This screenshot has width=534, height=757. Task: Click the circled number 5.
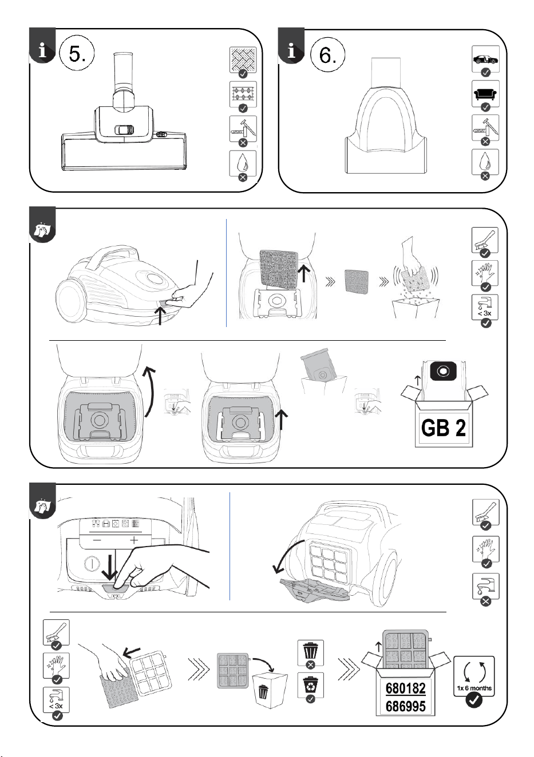coord(77,54)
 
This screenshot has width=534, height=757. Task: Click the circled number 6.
coord(327,54)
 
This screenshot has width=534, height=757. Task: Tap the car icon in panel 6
coord(485,60)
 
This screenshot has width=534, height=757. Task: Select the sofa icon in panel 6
coord(485,94)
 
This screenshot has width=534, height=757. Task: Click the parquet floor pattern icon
coord(243,59)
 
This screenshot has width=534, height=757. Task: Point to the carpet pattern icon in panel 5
coord(243,94)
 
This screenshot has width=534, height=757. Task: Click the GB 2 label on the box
coord(444,427)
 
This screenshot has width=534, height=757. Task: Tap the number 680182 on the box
coord(405,688)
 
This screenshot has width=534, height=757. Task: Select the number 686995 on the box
coord(405,706)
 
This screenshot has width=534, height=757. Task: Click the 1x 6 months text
coord(474,688)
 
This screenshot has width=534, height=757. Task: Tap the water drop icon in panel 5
coord(243,163)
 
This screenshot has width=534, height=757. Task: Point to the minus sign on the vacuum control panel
coord(97,540)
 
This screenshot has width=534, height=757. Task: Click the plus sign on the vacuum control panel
coord(135,540)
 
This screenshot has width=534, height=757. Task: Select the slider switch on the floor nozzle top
coord(124,130)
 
